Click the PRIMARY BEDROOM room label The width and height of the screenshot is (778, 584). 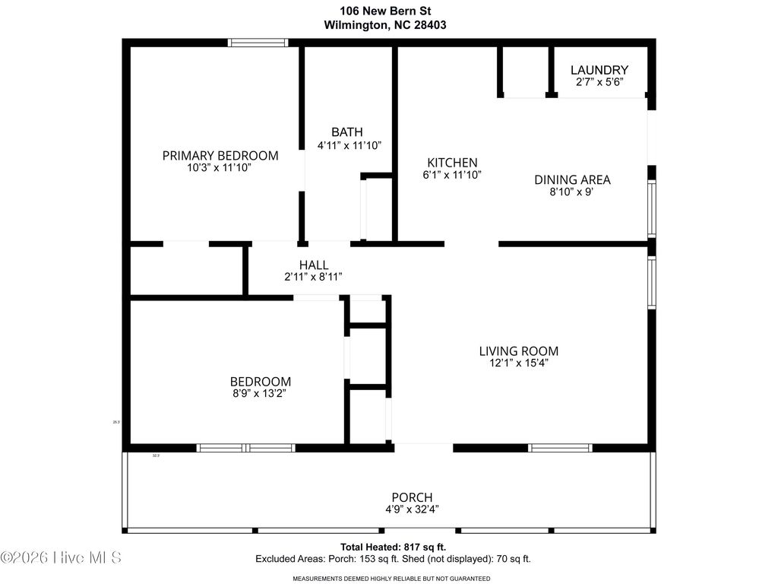pyautogui.click(x=220, y=155)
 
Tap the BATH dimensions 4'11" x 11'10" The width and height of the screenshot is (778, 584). pyautogui.click(x=349, y=144)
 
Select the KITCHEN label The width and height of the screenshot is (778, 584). pyautogui.click(x=452, y=162)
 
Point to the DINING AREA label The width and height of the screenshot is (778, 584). pyautogui.click(x=572, y=179)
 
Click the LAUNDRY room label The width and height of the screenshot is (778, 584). pyautogui.click(x=599, y=69)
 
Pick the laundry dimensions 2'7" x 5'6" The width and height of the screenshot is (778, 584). pyautogui.click(x=599, y=82)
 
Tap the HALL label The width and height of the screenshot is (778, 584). pyautogui.click(x=314, y=264)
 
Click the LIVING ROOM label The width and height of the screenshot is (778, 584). pyautogui.click(x=519, y=351)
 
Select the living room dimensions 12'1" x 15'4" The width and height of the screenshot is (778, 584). pyautogui.click(x=519, y=363)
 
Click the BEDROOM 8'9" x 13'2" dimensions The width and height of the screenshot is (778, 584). pyautogui.click(x=260, y=394)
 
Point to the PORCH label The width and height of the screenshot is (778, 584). pyautogui.click(x=412, y=497)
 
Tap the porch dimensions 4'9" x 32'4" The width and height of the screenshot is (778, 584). pyautogui.click(x=412, y=509)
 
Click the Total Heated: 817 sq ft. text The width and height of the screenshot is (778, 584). pyautogui.click(x=393, y=547)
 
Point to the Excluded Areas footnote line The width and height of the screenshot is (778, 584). pyautogui.click(x=393, y=559)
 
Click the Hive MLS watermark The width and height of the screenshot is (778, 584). pyautogui.click(x=61, y=557)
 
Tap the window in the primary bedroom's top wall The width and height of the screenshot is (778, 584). pyautogui.click(x=258, y=43)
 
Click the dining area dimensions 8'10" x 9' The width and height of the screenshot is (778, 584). pyautogui.click(x=572, y=192)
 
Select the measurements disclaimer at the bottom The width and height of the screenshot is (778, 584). pyautogui.click(x=391, y=579)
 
